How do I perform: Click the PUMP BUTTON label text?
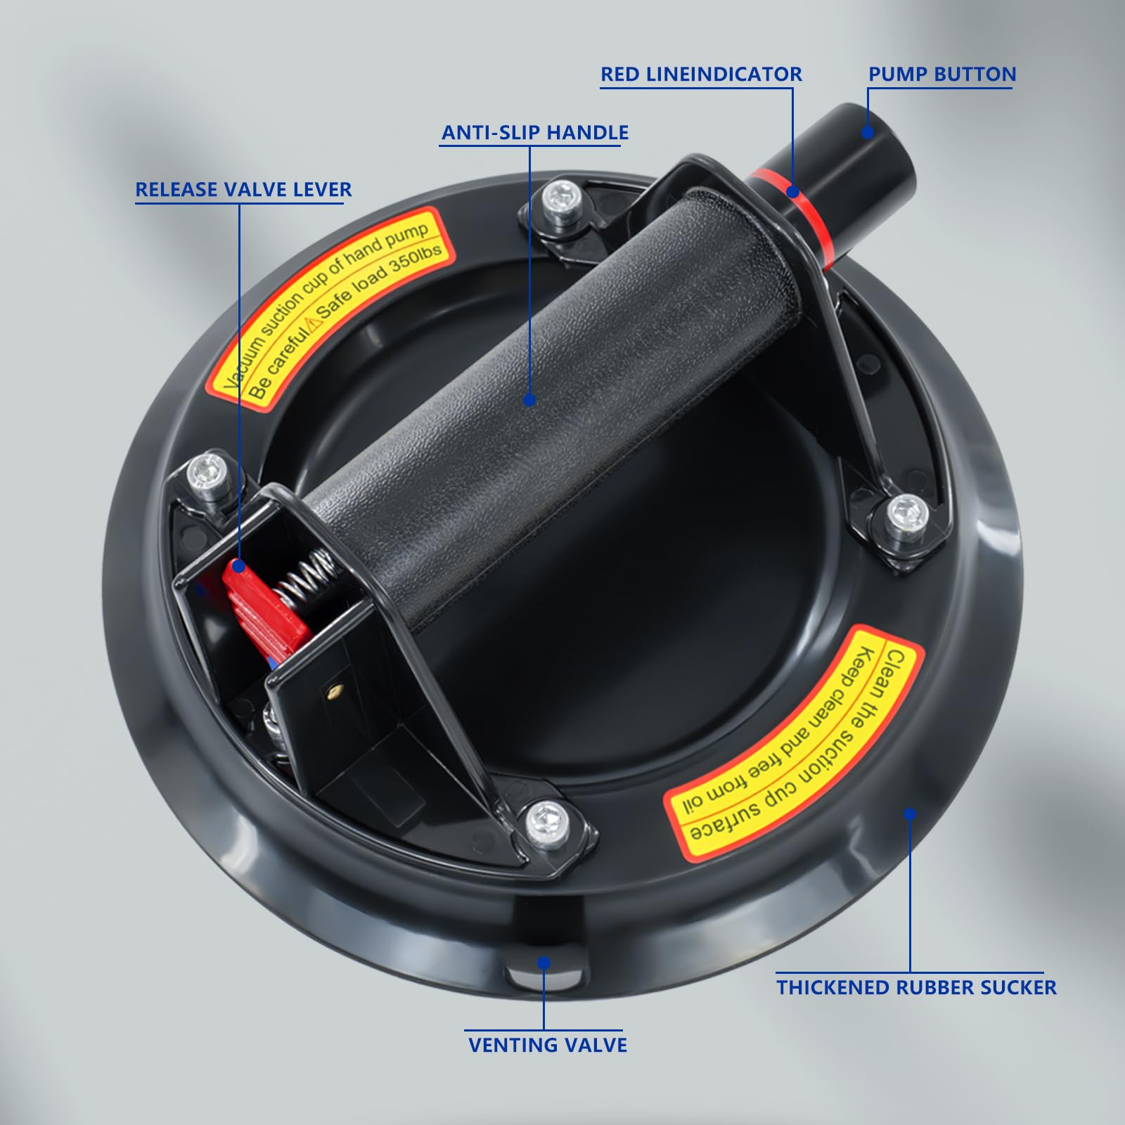[x=942, y=75]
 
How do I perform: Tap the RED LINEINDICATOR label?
[x=701, y=75]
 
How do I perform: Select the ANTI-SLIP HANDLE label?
[x=535, y=133]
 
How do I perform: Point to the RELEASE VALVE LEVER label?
[x=243, y=190]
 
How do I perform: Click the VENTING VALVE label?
[x=548, y=1045]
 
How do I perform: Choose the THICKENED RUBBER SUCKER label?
[x=916, y=987]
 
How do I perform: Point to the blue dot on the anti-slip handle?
[x=529, y=400]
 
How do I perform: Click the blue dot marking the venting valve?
[x=544, y=963]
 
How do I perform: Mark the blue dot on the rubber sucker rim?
[x=910, y=814]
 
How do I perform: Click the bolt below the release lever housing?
[x=547, y=818]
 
